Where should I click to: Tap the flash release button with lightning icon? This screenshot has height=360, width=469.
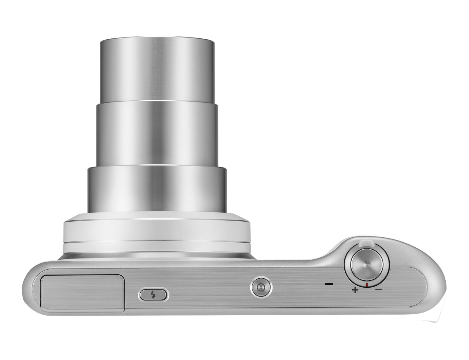point(153,295)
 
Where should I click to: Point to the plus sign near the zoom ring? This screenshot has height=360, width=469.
point(355,290)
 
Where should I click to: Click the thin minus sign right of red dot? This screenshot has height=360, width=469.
point(378,289)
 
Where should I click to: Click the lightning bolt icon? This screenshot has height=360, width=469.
point(153,295)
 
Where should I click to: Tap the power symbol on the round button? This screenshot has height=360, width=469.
point(261,287)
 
